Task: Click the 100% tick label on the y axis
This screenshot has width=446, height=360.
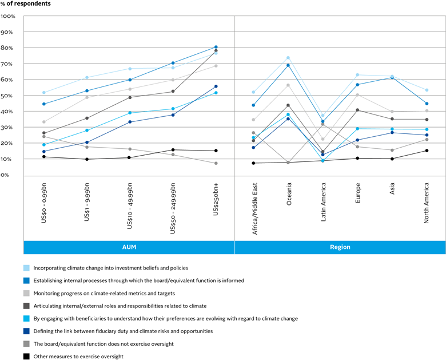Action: tap(8, 16)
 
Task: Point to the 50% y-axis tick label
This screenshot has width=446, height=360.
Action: tap(8, 96)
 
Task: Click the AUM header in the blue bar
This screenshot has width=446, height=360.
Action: tap(129, 247)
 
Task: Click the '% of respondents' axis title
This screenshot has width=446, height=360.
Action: tap(25, 4)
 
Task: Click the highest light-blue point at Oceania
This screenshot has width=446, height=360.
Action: tap(288, 58)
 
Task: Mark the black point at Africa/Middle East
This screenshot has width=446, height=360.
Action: tap(253, 163)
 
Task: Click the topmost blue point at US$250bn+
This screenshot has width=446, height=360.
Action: tap(216, 47)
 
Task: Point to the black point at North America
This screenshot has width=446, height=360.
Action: tap(427, 151)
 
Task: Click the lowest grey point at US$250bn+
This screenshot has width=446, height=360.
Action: tap(216, 163)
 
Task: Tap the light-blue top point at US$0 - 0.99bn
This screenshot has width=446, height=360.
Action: tap(44, 93)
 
